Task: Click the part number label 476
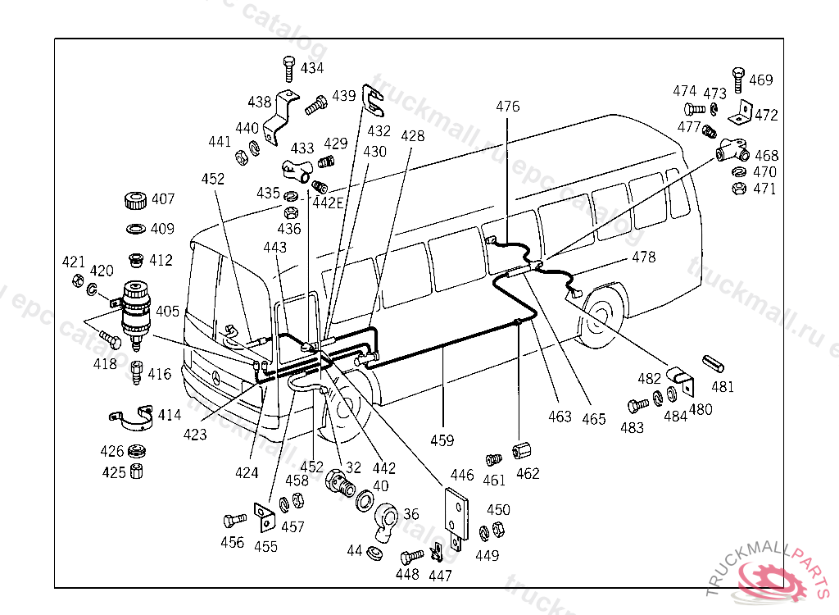pos(508,107)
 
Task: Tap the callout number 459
pos(442,440)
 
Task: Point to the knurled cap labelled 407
pos(134,199)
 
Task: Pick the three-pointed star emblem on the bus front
pos(215,378)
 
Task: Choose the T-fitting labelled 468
pos(731,150)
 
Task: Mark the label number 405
pos(168,311)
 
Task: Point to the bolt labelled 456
pos(234,520)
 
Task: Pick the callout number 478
pos(644,257)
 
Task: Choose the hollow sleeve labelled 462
pos(520,452)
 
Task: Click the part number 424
pos(247,473)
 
